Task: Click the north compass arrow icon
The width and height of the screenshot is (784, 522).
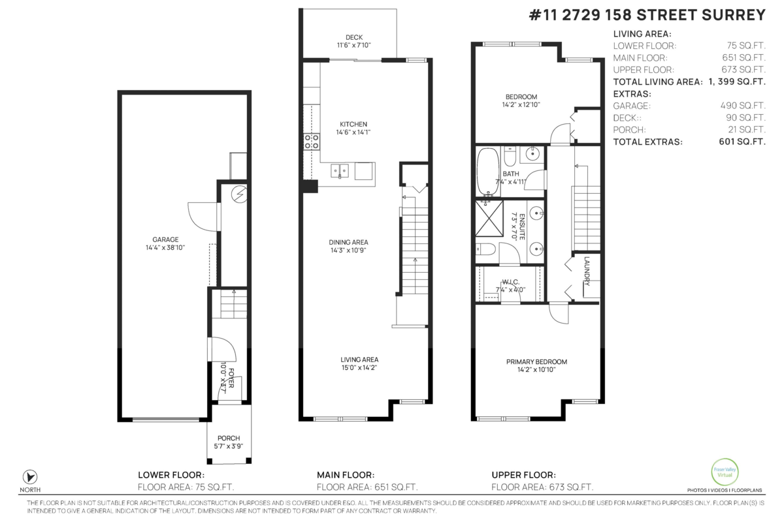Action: coord(30,477)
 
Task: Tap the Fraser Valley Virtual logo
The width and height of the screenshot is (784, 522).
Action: coord(725,472)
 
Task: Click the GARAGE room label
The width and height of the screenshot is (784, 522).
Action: coord(165,239)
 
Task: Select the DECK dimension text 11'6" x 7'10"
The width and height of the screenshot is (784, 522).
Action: coord(354,45)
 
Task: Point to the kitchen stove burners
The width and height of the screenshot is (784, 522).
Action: coord(312,141)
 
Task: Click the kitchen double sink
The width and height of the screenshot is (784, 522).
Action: coord(340,172)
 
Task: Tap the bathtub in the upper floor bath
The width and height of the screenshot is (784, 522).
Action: coord(488,172)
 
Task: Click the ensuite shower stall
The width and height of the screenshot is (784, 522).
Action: coord(489,218)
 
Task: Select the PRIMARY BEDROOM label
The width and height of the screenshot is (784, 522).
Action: coord(536,362)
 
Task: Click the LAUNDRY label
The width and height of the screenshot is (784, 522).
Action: coord(587,271)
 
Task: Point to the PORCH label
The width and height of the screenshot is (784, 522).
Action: coord(229,438)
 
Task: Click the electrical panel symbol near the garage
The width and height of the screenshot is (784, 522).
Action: coord(240,194)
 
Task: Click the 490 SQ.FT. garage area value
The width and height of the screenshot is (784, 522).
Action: coord(743,106)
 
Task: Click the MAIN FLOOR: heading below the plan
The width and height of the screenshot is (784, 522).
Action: coord(346,475)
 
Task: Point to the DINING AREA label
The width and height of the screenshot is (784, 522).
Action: coord(348,242)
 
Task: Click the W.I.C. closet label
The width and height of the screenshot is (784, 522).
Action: coord(511,282)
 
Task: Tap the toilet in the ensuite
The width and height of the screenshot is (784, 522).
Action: coord(485,249)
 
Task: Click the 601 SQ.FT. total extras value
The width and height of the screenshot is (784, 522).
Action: coord(742,142)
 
